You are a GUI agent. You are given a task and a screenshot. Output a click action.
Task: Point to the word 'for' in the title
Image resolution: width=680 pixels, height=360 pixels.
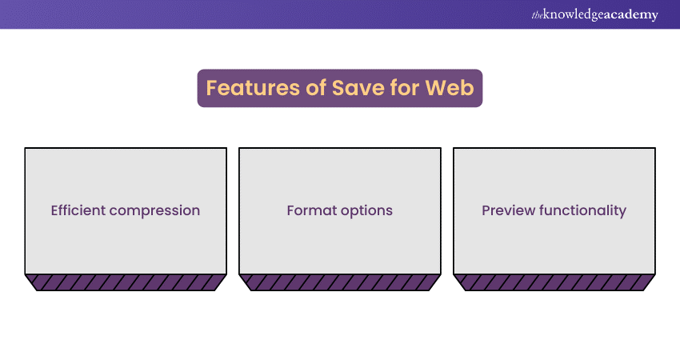click(405, 88)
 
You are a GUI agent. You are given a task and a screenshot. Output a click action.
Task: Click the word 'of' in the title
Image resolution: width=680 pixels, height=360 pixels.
click(316, 88)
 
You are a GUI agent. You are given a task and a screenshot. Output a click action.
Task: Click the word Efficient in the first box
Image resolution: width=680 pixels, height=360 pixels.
click(78, 210)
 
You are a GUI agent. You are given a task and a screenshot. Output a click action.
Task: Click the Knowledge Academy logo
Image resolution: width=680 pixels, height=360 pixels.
click(594, 14)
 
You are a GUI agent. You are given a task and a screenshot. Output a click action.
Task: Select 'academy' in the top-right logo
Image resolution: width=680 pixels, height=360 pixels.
click(631, 15)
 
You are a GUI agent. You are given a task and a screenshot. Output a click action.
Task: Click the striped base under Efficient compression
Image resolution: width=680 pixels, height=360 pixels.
click(126, 282)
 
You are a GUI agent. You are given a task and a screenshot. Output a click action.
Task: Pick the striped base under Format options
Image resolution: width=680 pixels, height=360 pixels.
click(340, 282)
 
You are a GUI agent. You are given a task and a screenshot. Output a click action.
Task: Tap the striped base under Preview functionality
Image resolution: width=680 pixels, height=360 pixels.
click(554, 282)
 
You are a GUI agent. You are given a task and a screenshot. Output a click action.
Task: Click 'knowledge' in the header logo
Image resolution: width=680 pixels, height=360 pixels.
click(574, 14)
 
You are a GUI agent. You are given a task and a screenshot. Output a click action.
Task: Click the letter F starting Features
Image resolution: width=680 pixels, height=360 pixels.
click(211, 88)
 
